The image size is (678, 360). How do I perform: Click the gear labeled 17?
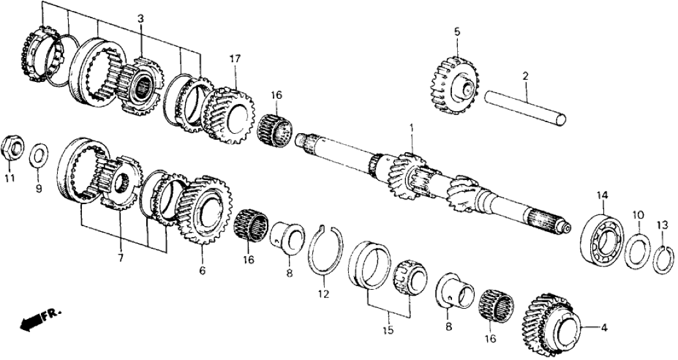(x=227, y=115)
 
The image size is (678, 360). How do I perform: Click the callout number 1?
(x=410, y=127)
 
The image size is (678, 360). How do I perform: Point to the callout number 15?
(x=388, y=330)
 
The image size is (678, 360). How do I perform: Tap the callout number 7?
(x=120, y=259)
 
